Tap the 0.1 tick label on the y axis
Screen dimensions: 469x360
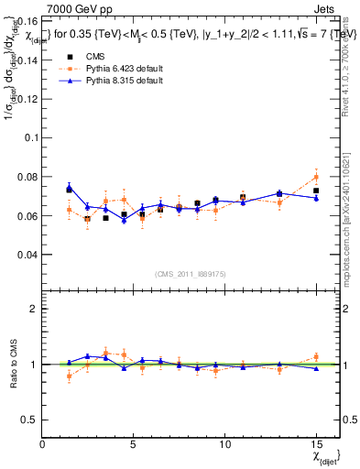pos(29,137)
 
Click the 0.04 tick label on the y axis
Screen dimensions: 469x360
pos(27,255)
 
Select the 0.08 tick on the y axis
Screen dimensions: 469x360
pos(27,177)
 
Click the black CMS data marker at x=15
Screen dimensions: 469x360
pos(316,191)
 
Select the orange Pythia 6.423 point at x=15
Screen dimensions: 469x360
pos(316,177)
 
